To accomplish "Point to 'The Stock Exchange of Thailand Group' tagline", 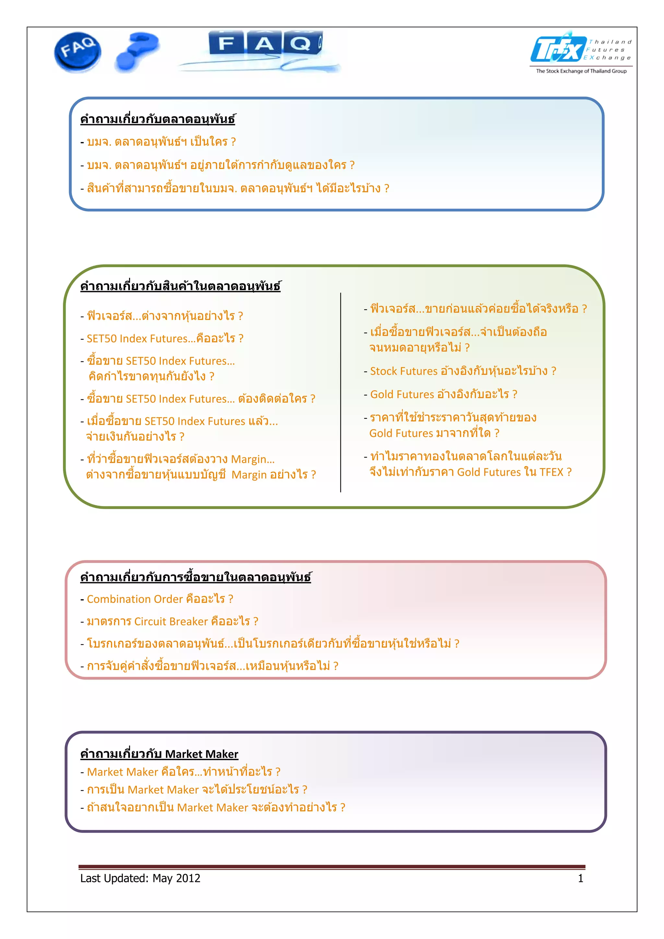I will (x=581, y=71).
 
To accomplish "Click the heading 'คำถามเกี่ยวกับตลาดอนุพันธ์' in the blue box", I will (x=158, y=119).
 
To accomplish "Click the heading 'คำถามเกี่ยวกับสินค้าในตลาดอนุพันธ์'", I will (x=180, y=286).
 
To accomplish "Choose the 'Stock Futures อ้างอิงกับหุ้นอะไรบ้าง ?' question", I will (x=463, y=371).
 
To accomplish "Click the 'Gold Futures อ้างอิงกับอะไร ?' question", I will (x=444, y=394).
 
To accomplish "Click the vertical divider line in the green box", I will (x=340, y=393).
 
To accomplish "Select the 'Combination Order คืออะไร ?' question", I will (x=160, y=599).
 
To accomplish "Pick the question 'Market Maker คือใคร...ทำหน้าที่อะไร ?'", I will (x=183, y=772).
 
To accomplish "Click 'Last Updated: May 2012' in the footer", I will (x=140, y=878).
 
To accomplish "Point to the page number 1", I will (x=580, y=878).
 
